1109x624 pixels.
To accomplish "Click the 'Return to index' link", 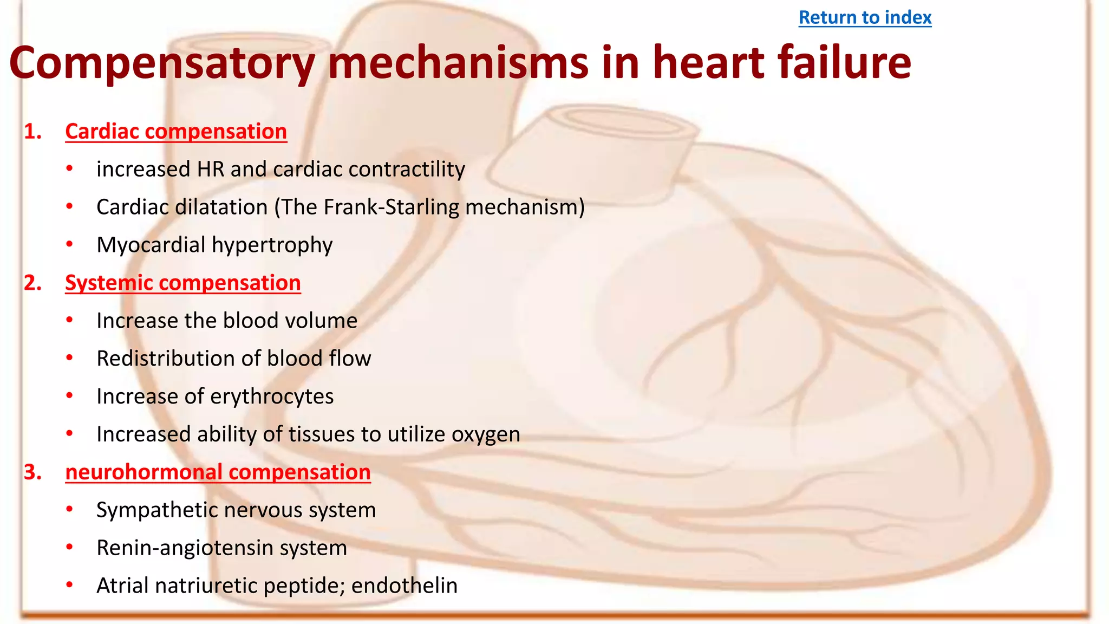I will coord(865,18).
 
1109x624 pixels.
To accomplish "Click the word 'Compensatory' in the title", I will coord(162,63).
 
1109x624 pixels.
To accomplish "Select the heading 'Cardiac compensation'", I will coord(176,132).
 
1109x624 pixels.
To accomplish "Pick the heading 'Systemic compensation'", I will coord(182,283).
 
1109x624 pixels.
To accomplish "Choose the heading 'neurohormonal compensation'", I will coord(218,472).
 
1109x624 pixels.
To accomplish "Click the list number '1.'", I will coord(33,132).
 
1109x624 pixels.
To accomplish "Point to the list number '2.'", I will coord(33,283).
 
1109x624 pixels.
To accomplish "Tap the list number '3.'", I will coord(33,472).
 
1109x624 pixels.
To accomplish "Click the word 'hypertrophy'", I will coord(272,245).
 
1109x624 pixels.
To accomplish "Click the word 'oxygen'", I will coord(486,435).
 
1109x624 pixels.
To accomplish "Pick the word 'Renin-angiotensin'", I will coord(185,548).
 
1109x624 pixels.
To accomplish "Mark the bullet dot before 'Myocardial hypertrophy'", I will coord(69,244).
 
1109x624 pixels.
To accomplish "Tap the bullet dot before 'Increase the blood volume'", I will coord(69,320).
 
